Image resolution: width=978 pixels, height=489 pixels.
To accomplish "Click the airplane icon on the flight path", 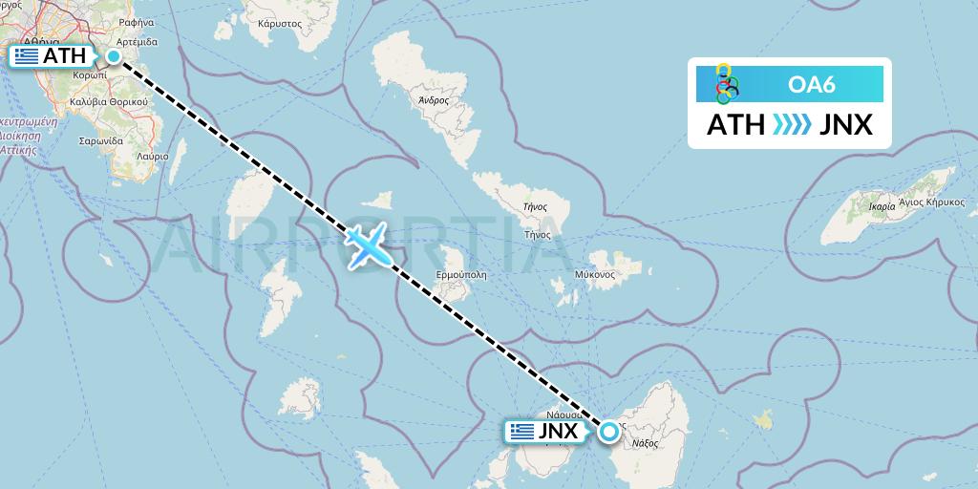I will [368, 245].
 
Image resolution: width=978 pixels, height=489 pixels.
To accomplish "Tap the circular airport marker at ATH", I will [114, 56].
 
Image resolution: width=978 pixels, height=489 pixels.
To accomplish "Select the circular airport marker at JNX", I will [608, 432].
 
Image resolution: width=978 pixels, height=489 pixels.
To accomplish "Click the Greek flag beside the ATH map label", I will [26, 56].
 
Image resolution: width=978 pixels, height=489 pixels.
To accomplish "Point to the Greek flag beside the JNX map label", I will [521, 432].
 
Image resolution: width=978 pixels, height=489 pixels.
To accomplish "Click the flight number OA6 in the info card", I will [812, 85].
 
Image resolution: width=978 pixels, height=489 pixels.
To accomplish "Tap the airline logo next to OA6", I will [728, 84].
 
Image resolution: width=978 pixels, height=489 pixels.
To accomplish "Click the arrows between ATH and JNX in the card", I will [791, 125].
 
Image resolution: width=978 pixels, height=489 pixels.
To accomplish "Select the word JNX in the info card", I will [846, 125].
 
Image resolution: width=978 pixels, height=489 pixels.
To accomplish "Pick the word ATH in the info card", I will [735, 125].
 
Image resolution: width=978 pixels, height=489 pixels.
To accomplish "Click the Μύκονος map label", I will [594, 275].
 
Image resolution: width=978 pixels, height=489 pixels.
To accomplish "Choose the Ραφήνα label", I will [137, 20].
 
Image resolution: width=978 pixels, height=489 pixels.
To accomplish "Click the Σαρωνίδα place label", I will [102, 140].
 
